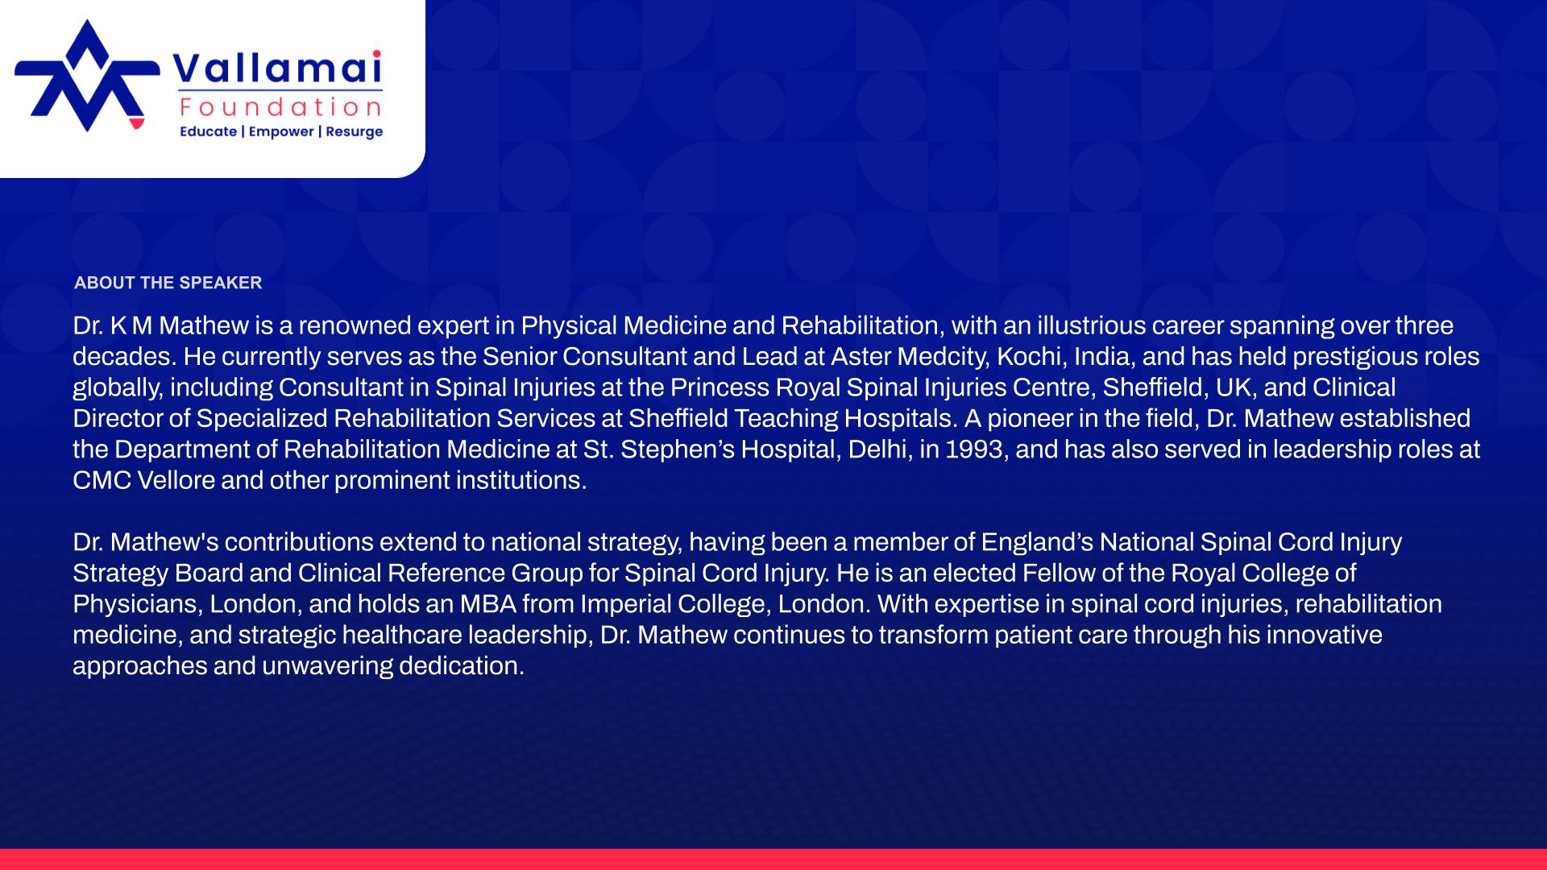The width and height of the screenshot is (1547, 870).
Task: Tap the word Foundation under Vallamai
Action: pos(281,107)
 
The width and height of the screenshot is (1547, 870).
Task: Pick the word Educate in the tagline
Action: pos(208,131)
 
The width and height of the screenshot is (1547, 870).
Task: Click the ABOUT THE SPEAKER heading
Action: pos(168,283)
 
